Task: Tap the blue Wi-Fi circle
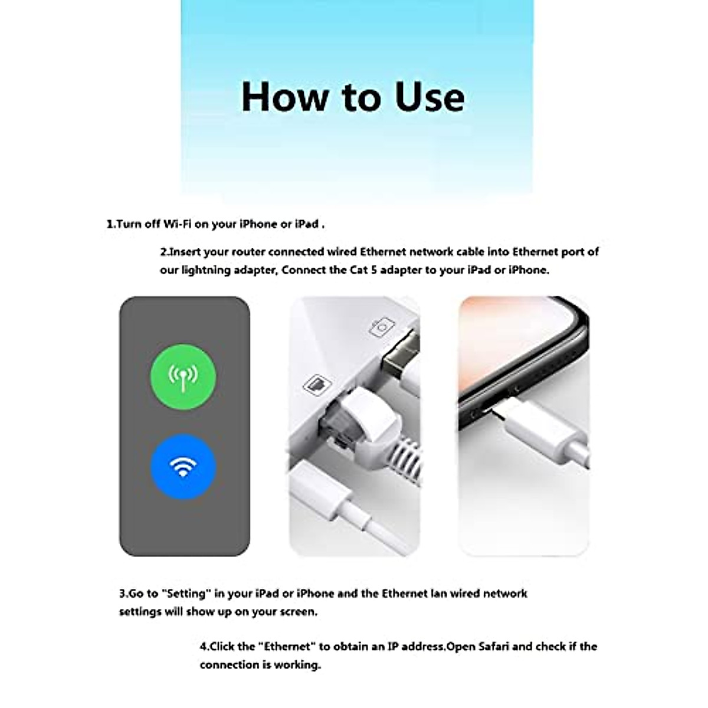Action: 183,467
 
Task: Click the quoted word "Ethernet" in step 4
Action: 286,647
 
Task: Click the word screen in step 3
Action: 299,611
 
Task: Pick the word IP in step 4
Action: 394,647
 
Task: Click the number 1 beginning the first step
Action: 110,224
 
